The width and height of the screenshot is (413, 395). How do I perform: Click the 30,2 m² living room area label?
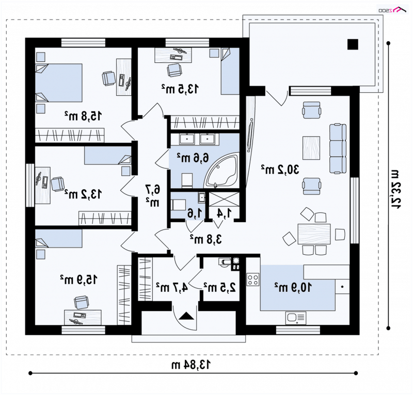click(280, 170)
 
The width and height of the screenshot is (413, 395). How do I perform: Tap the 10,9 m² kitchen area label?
click(293, 287)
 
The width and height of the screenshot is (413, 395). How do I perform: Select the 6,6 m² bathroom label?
click(193, 158)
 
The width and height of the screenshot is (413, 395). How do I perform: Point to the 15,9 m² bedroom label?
click(78, 279)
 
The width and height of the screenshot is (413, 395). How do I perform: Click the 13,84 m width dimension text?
click(192, 365)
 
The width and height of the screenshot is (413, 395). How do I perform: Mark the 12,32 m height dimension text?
click(394, 189)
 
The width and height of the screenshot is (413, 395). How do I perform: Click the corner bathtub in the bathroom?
click(222, 171)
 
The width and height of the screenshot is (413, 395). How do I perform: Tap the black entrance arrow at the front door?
click(186, 316)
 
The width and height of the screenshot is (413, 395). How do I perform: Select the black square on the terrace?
click(353, 44)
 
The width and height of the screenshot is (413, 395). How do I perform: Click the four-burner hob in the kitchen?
click(253, 279)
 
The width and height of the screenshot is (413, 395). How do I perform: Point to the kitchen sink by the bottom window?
click(296, 318)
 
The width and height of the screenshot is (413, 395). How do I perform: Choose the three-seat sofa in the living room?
click(338, 149)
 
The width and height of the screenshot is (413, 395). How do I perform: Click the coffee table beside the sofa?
click(311, 148)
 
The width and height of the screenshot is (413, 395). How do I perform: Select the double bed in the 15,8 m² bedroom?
click(59, 83)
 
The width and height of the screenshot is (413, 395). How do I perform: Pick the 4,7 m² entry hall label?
click(172, 287)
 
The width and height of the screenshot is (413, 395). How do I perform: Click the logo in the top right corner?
click(392, 10)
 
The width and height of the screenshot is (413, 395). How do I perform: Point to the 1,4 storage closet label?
click(224, 213)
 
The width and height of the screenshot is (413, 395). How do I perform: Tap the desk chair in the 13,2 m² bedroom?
click(57, 184)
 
